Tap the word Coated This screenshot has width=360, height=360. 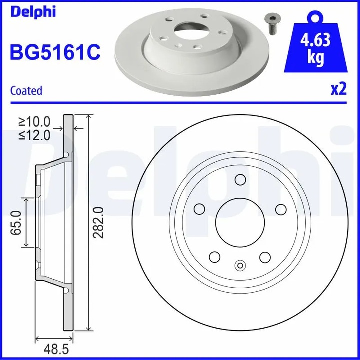(x=26, y=91)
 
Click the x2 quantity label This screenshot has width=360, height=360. (x=338, y=89)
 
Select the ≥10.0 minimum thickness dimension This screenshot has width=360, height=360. (x=35, y=121)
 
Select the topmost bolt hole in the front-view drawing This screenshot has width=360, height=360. (x=240, y=180)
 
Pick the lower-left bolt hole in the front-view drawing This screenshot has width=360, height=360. (x=215, y=256)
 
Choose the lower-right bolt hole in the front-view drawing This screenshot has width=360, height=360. (x=265, y=256)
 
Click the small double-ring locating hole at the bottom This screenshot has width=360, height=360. (x=240, y=266)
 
